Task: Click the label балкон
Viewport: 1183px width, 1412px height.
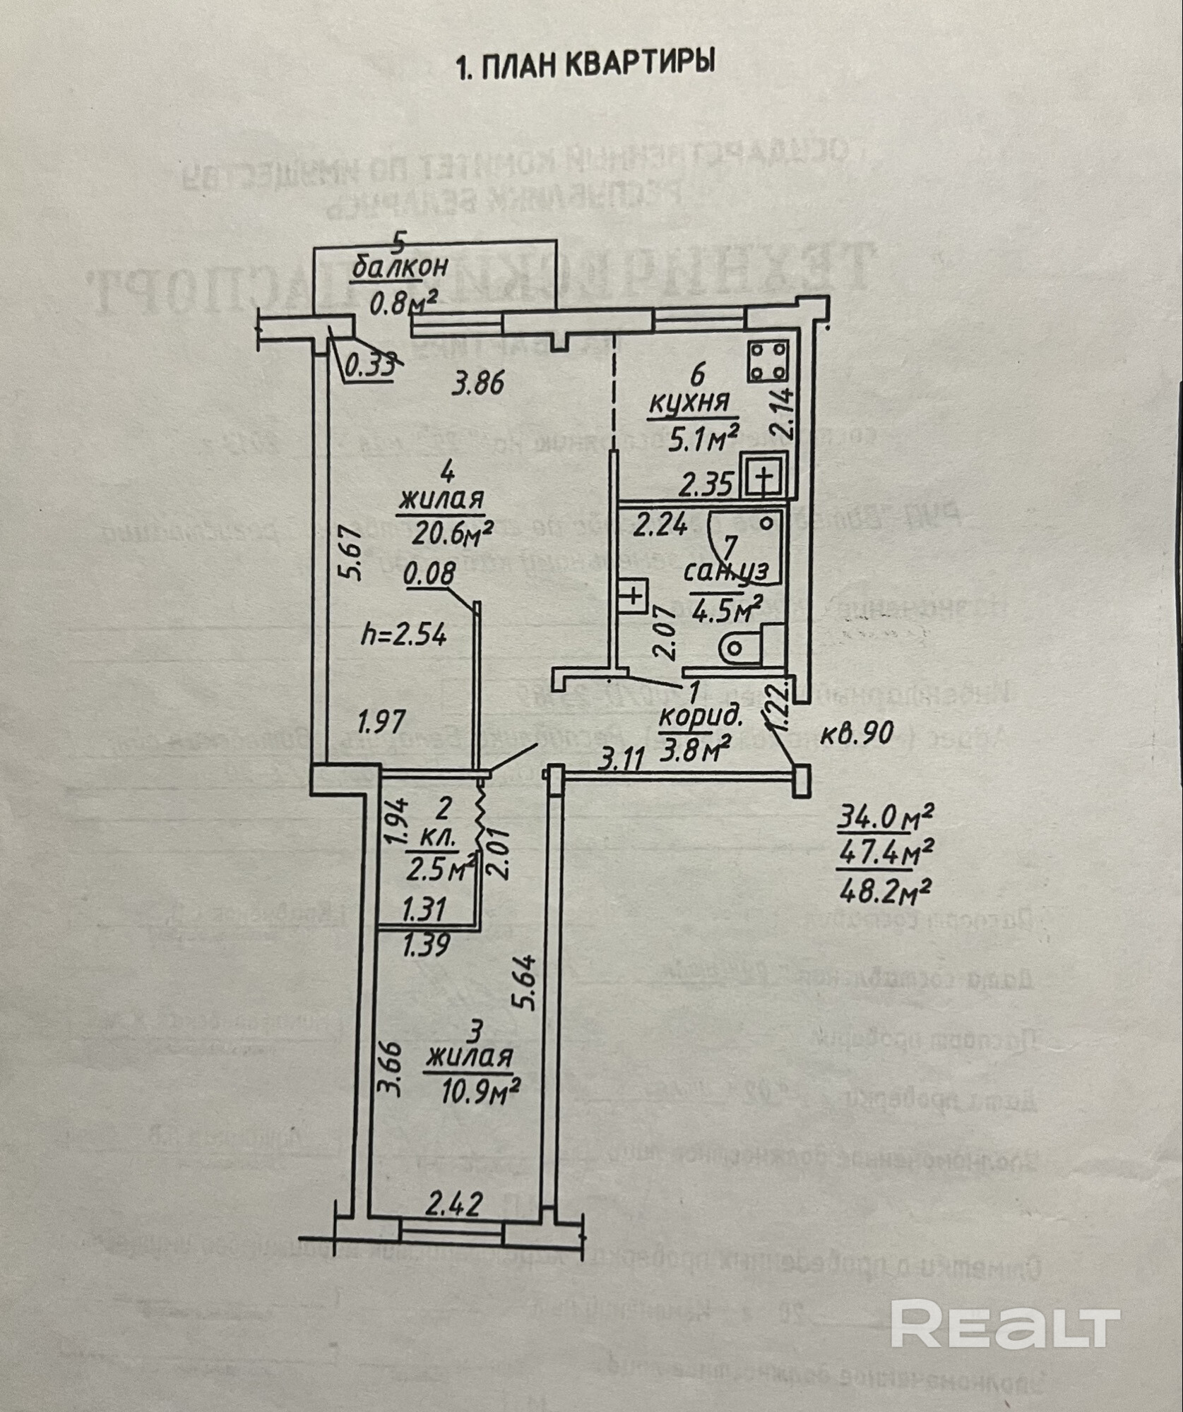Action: [400, 267]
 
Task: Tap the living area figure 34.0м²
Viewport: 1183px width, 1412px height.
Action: [884, 820]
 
